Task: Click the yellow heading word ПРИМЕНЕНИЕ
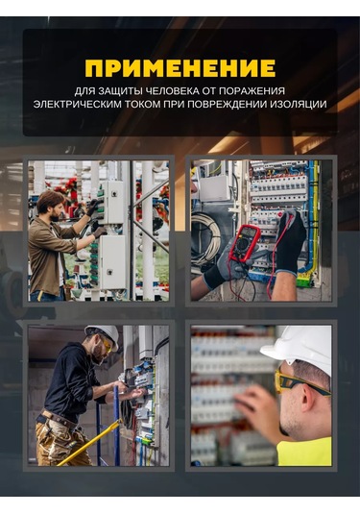(180, 68)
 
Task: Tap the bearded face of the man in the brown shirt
(54, 213)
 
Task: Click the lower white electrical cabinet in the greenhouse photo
(112, 262)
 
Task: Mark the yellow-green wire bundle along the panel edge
(312, 223)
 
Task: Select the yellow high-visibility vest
(304, 452)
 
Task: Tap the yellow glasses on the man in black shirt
(107, 343)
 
